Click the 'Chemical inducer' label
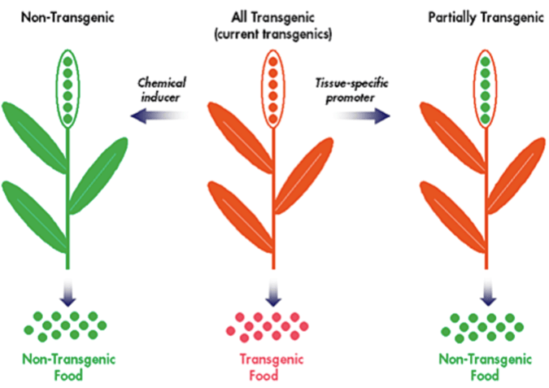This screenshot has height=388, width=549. coord(159,88)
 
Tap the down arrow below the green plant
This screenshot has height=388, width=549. coord(68,289)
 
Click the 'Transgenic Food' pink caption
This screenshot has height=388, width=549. coord(272,368)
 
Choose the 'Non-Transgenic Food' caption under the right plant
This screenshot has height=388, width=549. coord(485,368)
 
